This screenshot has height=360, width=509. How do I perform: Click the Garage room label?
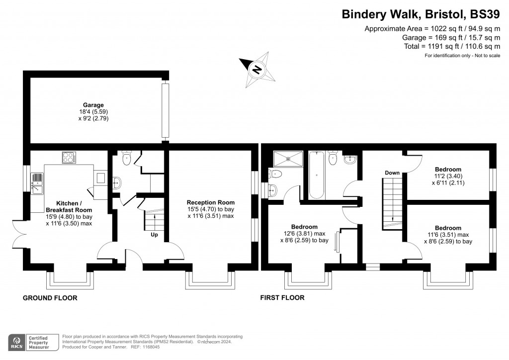pyautogui.click(x=93, y=105)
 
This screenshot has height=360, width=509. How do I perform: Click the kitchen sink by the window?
pyautogui.click(x=36, y=183)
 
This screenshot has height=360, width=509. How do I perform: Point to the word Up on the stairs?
pyautogui.click(x=154, y=235)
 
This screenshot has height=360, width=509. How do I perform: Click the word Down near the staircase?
pyautogui.click(x=392, y=173)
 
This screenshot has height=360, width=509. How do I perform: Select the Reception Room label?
pyautogui.click(x=210, y=202)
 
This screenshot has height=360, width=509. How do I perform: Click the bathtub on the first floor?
pyautogui.click(x=316, y=175)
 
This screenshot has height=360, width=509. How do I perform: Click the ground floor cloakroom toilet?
pyautogui.click(x=126, y=158)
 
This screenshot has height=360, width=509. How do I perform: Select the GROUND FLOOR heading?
pyautogui.click(x=50, y=298)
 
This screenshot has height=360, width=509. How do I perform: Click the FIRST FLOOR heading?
pyautogui.click(x=282, y=298)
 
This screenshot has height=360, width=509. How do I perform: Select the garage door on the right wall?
pyautogui.click(x=166, y=110)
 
